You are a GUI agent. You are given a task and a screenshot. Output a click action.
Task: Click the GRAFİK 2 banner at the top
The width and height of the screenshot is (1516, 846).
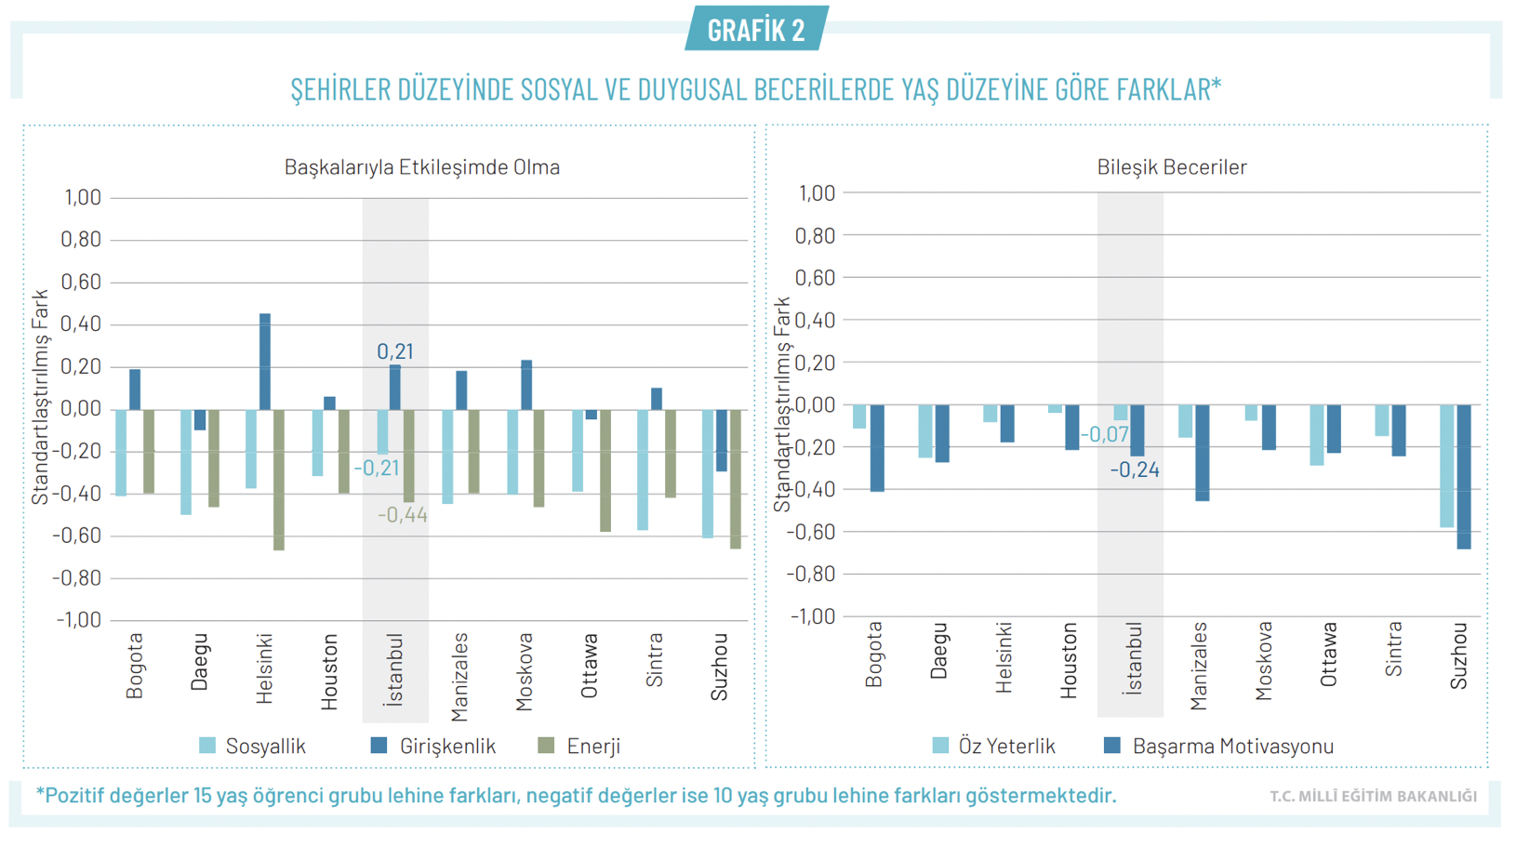point(756,30)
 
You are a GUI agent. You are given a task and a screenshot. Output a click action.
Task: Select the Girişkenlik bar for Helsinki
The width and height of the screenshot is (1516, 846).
point(265,363)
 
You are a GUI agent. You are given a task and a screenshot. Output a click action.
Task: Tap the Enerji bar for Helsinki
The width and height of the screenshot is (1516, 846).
point(278,480)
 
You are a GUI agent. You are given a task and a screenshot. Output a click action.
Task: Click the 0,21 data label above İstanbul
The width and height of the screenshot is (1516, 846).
point(395,351)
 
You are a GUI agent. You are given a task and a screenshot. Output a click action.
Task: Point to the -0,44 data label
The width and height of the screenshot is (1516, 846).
point(403,515)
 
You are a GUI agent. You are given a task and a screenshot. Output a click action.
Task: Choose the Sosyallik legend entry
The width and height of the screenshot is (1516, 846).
point(252,746)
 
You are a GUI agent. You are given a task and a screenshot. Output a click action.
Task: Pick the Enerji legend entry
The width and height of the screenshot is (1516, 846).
point(579,746)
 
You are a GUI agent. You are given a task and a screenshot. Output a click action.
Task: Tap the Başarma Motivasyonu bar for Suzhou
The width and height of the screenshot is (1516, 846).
point(1464,477)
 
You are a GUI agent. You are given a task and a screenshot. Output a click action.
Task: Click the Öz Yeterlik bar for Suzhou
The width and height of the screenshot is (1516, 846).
point(1446,466)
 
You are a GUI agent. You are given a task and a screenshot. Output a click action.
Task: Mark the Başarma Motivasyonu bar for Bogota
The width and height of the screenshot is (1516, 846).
point(877,448)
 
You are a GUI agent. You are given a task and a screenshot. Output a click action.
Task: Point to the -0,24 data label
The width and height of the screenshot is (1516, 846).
point(1135,470)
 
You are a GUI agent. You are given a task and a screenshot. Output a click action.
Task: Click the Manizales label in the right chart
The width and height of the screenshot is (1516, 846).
point(1199,666)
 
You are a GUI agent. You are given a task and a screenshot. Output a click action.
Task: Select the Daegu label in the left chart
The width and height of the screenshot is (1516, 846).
point(200,662)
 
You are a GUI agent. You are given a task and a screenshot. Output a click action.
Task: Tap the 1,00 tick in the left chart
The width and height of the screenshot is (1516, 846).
point(82,198)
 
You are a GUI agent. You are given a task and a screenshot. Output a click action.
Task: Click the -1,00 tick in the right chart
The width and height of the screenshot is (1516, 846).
point(813,616)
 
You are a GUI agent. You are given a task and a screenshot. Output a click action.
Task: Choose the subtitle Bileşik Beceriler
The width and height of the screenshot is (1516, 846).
point(1171,167)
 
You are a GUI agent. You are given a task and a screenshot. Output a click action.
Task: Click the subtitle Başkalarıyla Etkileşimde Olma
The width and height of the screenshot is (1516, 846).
point(421,167)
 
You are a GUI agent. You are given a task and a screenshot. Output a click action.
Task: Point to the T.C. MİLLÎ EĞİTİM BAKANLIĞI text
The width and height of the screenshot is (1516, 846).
point(1373,796)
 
